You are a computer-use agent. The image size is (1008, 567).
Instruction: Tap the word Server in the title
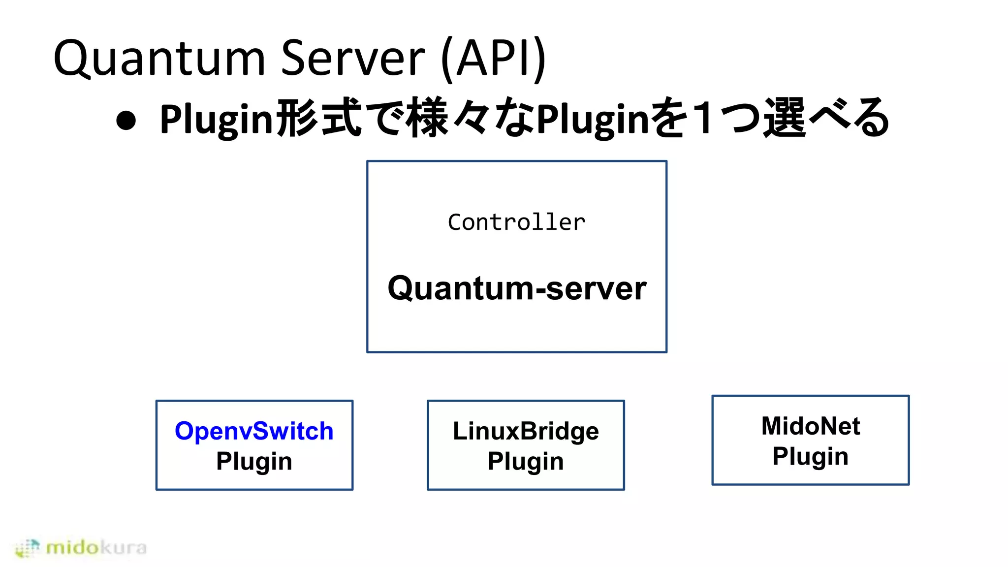[x=352, y=58]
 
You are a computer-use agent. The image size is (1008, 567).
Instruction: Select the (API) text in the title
[x=494, y=58]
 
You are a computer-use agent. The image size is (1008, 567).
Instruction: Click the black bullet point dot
[x=126, y=121]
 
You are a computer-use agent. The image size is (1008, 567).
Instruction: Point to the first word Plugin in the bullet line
[x=217, y=120]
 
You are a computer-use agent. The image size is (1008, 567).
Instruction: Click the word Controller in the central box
[x=516, y=222]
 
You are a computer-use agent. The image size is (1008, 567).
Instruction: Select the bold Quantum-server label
[x=517, y=288]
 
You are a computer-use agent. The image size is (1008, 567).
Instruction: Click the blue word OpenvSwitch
[x=254, y=431]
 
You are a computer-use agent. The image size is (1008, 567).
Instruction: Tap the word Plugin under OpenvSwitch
[x=254, y=461]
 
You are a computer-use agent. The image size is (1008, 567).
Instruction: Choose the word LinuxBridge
[x=526, y=431]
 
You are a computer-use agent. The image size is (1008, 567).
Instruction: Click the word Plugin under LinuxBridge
[x=526, y=461]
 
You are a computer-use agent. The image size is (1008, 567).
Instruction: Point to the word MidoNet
[x=810, y=426]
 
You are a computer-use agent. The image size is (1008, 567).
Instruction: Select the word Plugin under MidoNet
[x=810, y=456]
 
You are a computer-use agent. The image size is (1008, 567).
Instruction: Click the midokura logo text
[x=96, y=547]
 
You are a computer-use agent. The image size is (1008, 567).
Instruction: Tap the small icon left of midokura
[x=27, y=548]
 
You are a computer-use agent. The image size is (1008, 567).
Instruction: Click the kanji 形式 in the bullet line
[x=319, y=118]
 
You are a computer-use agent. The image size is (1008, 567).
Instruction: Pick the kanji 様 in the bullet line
[x=428, y=118]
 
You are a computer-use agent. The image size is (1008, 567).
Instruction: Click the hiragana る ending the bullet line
[x=871, y=118]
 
